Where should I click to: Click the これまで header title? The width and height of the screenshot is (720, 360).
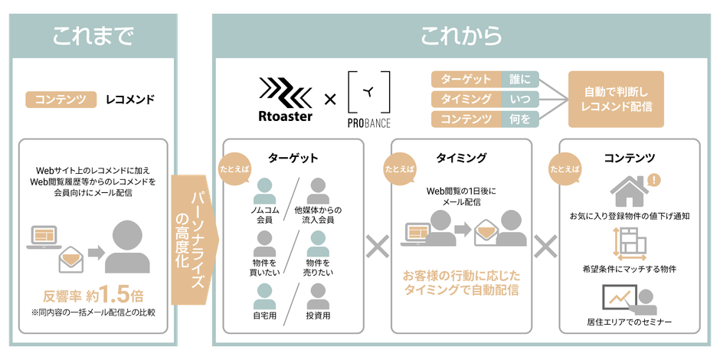pyautogui.click(x=93, y=37)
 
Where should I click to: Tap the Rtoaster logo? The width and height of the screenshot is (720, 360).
pyautogui.click(x=285, y=100)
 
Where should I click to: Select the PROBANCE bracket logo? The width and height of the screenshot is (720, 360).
pyautogui.click(x=369, y=99)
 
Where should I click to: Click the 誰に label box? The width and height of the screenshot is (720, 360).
pyautogui.click(x=520, y=79)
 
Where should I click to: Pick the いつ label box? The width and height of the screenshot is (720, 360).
pyautogui.click(x=520, y=99)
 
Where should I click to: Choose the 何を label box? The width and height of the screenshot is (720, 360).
pyautogui.click(x=520, y=119)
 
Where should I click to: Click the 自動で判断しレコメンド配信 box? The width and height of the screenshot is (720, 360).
pyautogui.click(x=617, y=99)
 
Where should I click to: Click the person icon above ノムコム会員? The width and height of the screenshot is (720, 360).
pyautogui.click(x=264, y=191)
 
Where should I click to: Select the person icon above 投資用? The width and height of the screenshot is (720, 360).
pyautogui.click(x=318, y=296)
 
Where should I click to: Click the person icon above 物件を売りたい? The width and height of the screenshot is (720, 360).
pyautogui.click(x=318, y=244)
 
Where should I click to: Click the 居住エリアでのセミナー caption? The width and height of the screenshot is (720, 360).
pyautogui.click(x=629, y=322)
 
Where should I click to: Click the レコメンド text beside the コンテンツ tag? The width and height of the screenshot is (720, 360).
pyautogui.click(x=130, y=99)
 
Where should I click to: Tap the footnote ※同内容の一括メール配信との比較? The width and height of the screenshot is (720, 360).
pyautogui.click(x=93, y=313)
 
